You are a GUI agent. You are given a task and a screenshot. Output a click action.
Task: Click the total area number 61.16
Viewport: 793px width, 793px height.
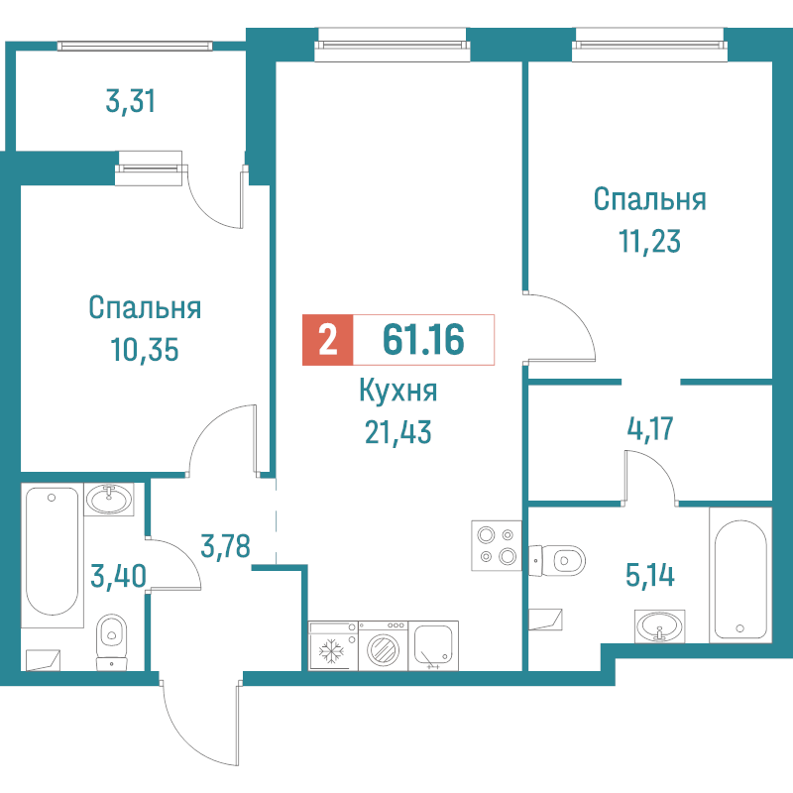[423, 339]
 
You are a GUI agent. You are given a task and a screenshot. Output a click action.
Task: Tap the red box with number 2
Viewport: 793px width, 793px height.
[328, 340]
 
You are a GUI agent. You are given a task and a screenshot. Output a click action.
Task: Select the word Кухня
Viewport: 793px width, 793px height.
[398, 391]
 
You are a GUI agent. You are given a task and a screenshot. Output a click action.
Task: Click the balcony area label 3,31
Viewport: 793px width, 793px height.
[131, 101]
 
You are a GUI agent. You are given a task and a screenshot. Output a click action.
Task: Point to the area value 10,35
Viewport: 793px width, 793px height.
[145, 350]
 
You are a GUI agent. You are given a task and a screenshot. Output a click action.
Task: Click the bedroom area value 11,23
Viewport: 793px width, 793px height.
[650, 241]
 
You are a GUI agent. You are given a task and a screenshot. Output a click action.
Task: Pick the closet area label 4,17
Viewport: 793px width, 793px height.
[650, 429]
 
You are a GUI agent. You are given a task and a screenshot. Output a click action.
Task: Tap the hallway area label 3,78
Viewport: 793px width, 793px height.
[226, 546]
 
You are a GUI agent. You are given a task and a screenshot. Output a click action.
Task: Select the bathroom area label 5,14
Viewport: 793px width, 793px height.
[650, 575]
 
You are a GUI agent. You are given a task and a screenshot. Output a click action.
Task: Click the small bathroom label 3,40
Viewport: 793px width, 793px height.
[118, 576]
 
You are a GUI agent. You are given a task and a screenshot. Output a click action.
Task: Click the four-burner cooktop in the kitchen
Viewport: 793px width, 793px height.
[497, 546]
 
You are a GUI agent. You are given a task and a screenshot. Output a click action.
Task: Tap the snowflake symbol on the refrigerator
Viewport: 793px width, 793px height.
[331, 651]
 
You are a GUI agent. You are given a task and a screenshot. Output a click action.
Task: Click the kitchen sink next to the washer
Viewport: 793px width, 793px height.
[433, 646]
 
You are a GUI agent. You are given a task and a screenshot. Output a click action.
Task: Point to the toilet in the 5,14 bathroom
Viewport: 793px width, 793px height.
[557, 560]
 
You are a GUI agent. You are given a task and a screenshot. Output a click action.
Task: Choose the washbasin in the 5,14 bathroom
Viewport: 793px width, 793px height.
[659, 626]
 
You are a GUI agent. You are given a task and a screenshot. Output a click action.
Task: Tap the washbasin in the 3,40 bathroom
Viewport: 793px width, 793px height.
[109, 500]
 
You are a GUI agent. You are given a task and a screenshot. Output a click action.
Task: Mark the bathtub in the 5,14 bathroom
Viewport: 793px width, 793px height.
[740, 576]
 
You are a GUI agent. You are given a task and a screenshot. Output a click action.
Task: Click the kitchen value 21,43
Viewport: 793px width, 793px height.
[398, 433]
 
